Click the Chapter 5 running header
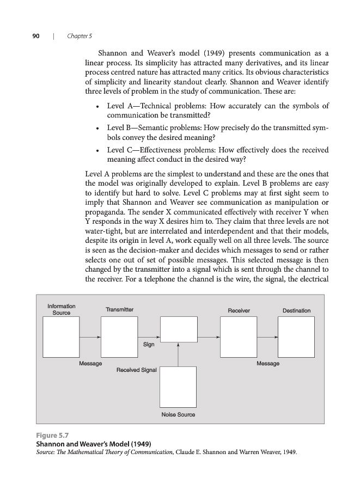79,36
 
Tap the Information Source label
62,309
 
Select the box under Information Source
62,337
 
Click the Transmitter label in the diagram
119,310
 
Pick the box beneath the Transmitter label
119,337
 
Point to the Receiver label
239,310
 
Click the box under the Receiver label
239,337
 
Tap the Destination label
296,310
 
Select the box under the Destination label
296,337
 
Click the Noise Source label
178,415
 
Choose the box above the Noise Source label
178,387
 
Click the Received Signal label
137,370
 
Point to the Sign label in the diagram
149,344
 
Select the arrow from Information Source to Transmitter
90,337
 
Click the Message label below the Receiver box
268,363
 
